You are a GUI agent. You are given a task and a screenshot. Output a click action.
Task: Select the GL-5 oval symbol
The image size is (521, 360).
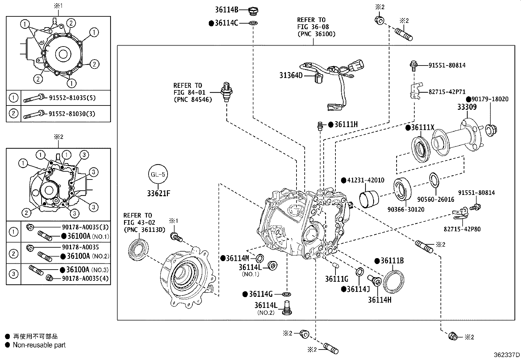158,174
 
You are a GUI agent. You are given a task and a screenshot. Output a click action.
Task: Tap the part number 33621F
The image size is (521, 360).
158,193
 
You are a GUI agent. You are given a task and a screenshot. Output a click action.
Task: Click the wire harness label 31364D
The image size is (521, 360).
291,76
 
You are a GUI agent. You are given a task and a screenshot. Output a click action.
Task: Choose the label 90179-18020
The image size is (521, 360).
490,99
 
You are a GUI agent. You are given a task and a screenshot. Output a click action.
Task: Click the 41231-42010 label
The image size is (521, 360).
365,180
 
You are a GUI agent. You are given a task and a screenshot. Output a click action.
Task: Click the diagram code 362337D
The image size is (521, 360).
507,355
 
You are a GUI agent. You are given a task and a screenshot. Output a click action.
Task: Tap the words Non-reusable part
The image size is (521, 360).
39,345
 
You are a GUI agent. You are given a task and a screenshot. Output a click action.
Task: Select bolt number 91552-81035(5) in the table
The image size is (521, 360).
72,98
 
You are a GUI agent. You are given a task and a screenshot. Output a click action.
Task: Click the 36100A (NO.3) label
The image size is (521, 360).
87,270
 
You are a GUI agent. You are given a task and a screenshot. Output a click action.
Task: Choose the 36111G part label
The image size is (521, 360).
336,279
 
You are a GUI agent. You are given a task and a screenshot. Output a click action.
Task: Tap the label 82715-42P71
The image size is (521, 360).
447,92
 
